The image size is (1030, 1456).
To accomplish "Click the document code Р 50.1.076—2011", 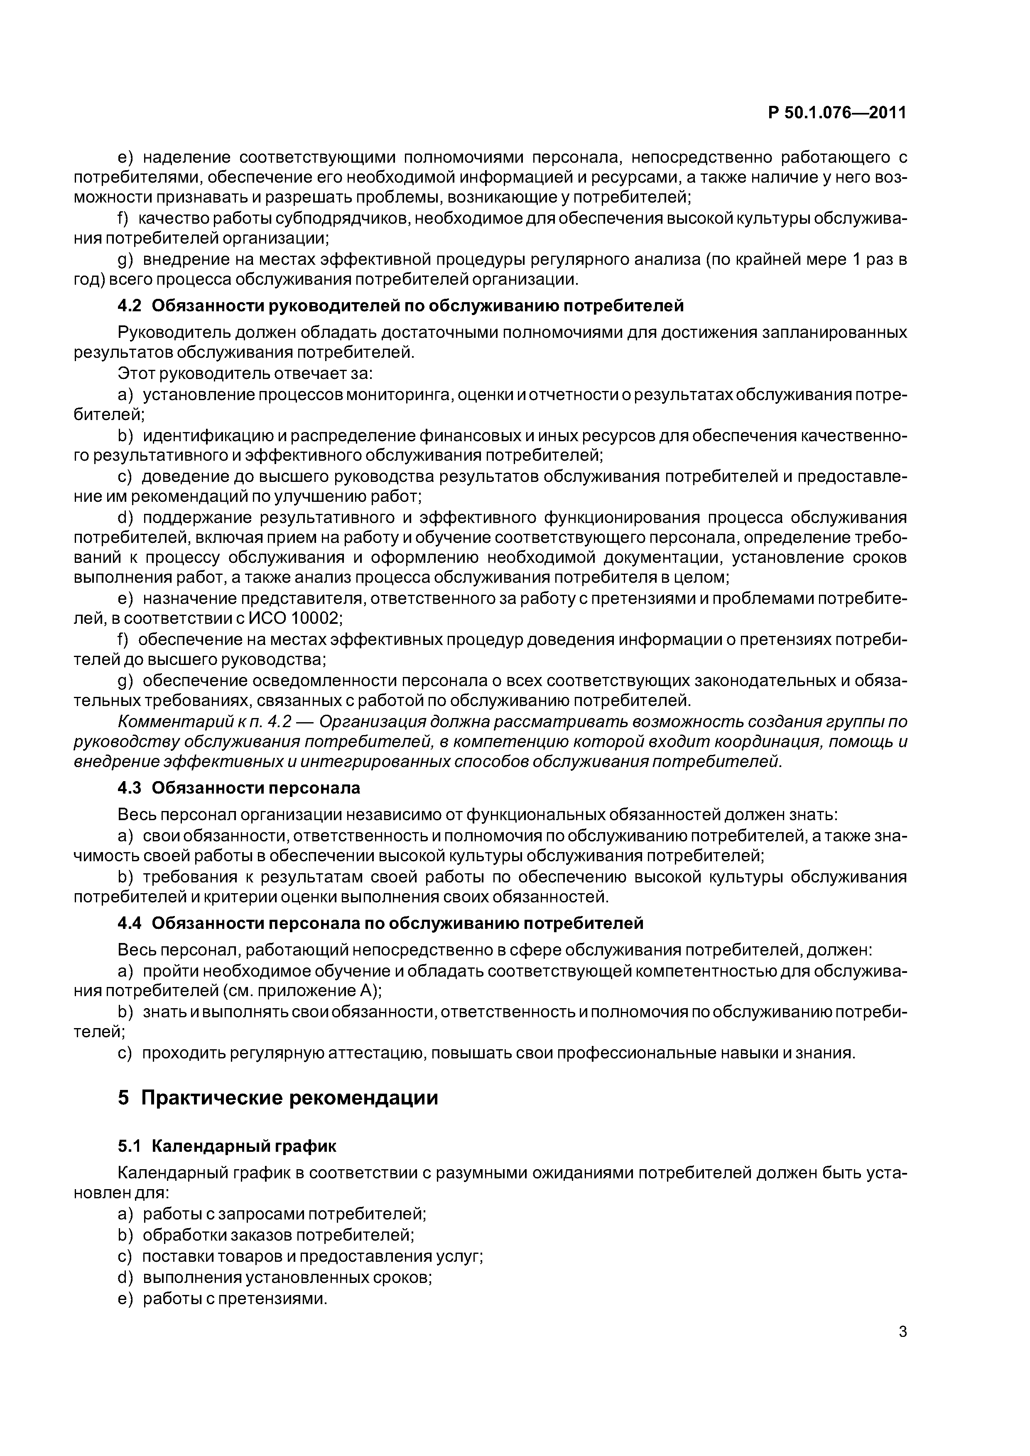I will (836, 113).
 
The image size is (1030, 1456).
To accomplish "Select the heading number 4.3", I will (131, 788).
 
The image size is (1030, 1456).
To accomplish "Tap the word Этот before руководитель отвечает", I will (136, 374).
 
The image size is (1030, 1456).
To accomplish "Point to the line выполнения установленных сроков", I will (287, 1277).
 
